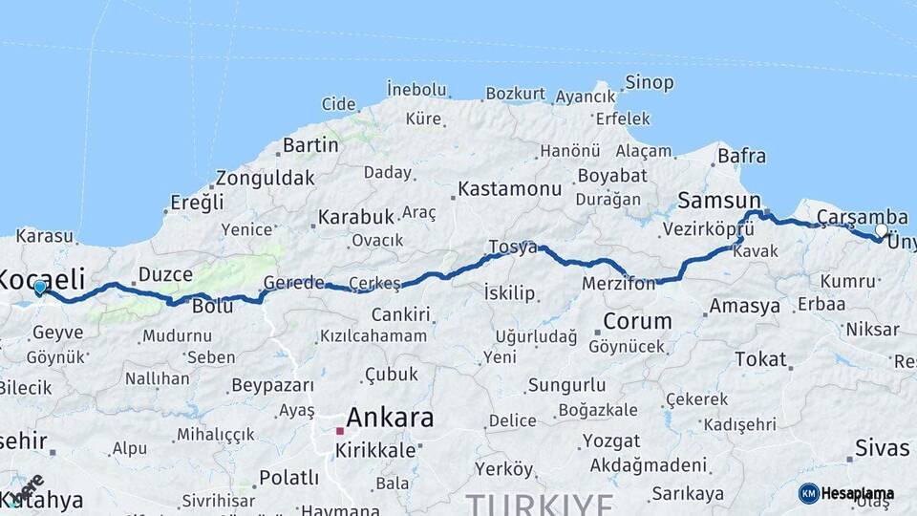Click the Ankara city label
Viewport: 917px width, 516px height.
(x=390, y=418)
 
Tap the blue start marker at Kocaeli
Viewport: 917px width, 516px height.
(x=39, y=287)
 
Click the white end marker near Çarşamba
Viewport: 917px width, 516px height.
(x=881, y=230)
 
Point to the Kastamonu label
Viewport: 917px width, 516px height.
(x=509, y=189)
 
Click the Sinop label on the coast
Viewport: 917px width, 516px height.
(x=650, y=82)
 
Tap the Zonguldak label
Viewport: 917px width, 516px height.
(x=265, y=178)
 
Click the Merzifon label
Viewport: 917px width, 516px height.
(x=619, y=284)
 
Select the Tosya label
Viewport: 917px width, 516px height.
(x=513, y=247)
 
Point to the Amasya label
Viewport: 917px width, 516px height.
(x=744, y=307)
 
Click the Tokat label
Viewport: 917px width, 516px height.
(x=760, y=359)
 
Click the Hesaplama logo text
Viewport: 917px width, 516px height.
(x=857, y=494)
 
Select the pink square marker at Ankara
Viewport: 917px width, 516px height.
(x=339, y=431)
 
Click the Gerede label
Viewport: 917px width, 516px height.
(x=294, y=284)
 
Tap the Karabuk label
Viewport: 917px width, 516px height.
(x=356, y=217)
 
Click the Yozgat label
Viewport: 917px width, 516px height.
(x=610, y=441)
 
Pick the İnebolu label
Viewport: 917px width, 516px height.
(x=416, y=90)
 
